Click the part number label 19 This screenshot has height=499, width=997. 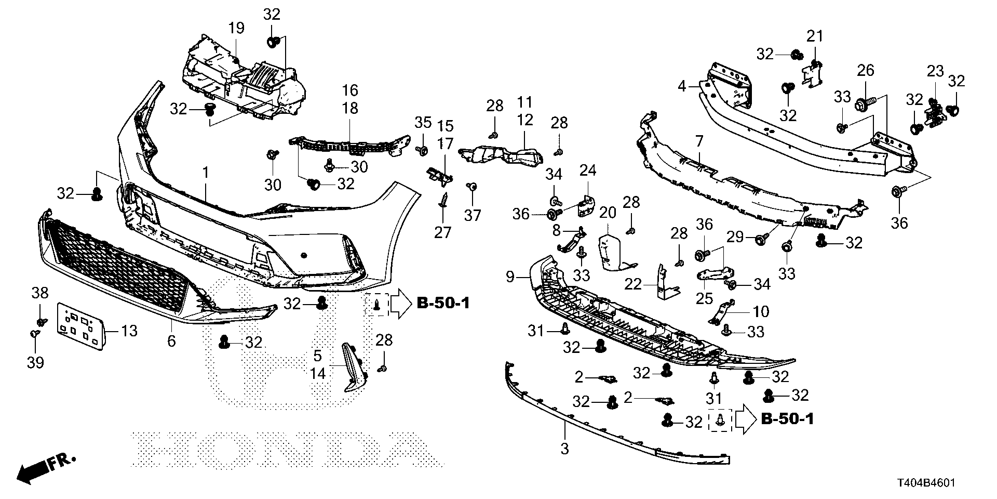236,28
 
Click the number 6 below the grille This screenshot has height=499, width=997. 171,341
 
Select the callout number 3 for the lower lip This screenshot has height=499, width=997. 564,448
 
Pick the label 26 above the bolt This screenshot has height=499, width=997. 866,70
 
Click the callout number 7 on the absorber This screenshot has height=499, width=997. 699,141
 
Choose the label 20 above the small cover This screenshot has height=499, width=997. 608,213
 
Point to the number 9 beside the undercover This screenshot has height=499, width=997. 509,277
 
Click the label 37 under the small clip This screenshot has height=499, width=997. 473,215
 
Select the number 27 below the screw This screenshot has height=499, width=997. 443,232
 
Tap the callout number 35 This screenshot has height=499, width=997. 423,123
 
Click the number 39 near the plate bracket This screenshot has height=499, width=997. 36,362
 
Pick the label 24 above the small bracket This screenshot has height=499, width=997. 588,170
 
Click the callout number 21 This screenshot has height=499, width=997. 815,36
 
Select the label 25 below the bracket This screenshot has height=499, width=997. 705,298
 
